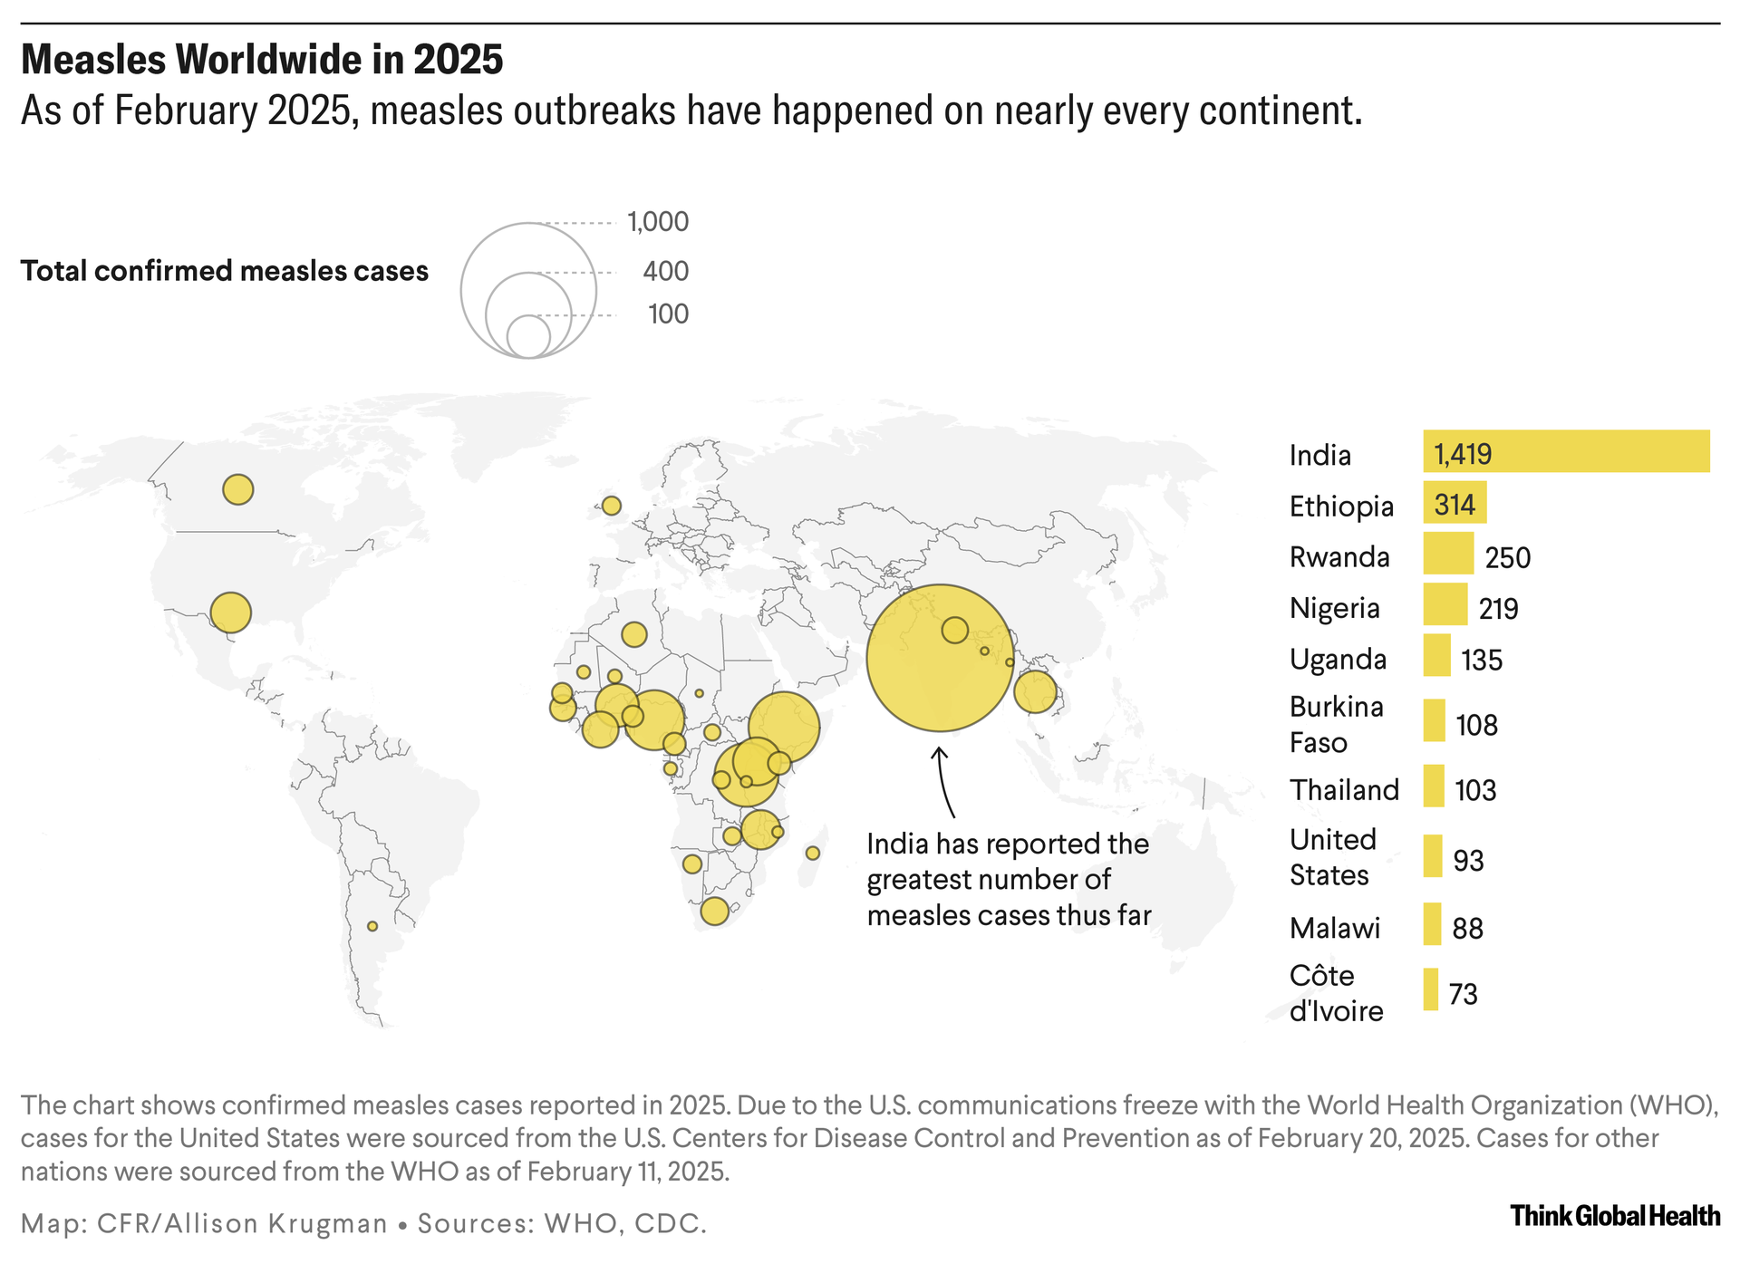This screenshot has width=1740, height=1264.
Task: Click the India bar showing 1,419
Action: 1565,451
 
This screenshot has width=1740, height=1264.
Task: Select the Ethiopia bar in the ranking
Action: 1455,503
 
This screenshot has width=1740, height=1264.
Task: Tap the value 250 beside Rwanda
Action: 1507,557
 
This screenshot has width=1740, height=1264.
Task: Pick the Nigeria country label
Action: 1334,608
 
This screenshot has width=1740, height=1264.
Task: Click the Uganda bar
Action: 1436,656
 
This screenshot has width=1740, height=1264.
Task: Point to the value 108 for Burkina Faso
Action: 1476,725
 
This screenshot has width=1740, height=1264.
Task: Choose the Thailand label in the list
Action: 1344,790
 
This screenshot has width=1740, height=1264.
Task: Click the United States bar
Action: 1432,856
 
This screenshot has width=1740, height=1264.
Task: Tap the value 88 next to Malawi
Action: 1467,929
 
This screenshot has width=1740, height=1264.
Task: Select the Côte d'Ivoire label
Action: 1336,993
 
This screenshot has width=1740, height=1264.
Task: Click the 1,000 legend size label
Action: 658,222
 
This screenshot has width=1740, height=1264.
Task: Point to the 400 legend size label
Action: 666,271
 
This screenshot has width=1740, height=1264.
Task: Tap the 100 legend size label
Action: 669,314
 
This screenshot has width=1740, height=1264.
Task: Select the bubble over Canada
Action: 238,490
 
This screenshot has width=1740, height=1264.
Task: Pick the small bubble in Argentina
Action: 372,926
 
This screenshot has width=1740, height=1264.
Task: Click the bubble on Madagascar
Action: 813,854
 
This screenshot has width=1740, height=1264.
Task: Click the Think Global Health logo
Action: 1615,1216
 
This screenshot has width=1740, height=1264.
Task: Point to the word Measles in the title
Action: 94,61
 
